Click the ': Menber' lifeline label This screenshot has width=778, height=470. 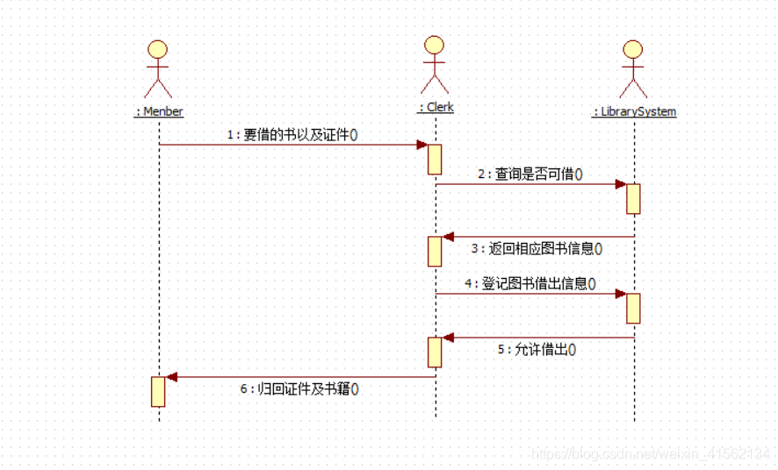point(159,111)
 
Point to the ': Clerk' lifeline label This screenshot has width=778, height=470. point(436,107)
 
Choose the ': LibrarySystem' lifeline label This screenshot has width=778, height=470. point(634,111)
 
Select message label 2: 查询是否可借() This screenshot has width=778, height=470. point(530,174)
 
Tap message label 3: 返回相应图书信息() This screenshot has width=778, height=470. point(537,248)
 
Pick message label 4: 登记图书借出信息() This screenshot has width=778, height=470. point(530,283)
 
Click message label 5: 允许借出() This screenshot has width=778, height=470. point(537,349)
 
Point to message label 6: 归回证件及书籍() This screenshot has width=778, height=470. point(299,388)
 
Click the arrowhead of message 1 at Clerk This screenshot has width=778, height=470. point(422,145)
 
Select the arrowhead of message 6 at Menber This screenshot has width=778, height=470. point(172,377)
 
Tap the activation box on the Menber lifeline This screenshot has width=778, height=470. point(158,391)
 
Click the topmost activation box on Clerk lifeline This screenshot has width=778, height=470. point(435,159)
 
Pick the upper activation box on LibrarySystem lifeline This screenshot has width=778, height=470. point(633,198)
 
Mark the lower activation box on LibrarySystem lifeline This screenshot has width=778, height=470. point(633,308)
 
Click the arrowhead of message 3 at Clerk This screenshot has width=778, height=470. point(448,237)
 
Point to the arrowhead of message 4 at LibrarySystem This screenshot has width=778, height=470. point(620,294)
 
